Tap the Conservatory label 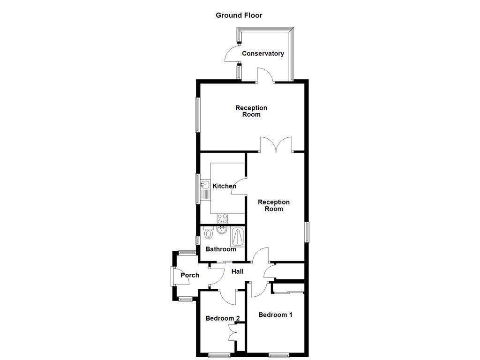click(262, 53)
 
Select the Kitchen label click(225, 186)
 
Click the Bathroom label click(221, 249)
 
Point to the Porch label click(190, 275)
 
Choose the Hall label click(238, 271)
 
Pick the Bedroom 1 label click(275, 315)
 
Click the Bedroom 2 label click(223, 318)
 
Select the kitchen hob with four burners click(222, 218)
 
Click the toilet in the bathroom click(209, 233)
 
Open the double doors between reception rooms click(277, 145)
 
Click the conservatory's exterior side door click(232, 54)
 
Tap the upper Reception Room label click(251, 111)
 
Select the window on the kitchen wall click(198, 188)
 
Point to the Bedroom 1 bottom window click(282, 354)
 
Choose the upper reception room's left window click(198, 115)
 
